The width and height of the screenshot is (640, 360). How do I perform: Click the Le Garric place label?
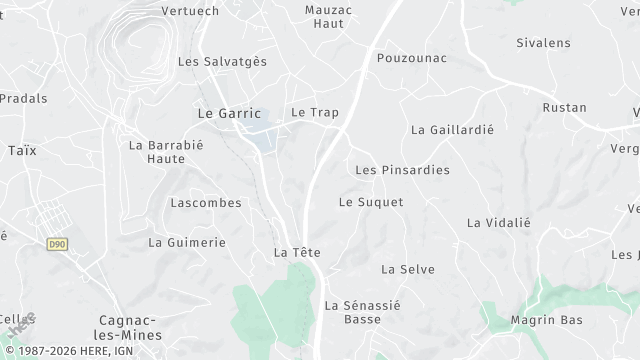pos(229,114)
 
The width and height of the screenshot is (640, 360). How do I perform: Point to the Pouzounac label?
pos(410,58)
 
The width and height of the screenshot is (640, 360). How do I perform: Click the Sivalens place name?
pos(543,43)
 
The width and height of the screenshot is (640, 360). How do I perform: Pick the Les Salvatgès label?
pos(222,61)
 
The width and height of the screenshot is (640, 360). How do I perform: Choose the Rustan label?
pos(564,107)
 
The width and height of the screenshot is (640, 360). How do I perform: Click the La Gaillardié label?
pos(452,130)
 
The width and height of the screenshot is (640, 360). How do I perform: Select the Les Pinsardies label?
pos(402,170)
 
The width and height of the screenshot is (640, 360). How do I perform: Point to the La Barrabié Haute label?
pos(157,151)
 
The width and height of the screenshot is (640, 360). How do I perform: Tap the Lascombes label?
pos(206,202)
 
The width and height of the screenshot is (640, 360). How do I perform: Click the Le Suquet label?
pos(371,202)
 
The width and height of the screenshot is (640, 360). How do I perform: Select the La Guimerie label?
pos(187,242)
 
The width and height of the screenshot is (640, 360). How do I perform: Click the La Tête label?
pos(296,253)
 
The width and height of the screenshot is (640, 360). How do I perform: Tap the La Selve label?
pos(407,269)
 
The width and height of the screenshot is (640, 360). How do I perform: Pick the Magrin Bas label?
pos(545,320)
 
